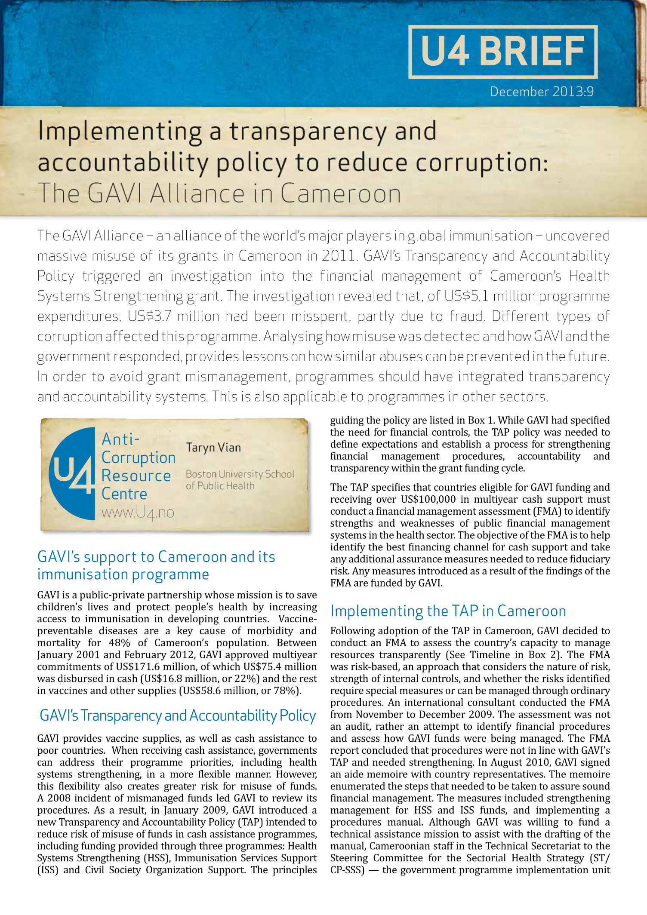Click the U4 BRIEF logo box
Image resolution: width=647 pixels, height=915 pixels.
pos(502,52)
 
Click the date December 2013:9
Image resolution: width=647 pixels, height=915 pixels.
pos(542,92)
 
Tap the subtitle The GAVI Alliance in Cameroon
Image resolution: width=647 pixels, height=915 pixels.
pos(219,193)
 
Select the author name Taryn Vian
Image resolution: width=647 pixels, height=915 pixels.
pos(213,448)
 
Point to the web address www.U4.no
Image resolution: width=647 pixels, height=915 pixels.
pos(138,513)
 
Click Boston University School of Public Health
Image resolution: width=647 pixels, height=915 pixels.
pos(240,480)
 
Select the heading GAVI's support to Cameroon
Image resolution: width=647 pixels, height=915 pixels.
pos(156,565)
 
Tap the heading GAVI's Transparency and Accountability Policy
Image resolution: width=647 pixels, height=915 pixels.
pos(178,715)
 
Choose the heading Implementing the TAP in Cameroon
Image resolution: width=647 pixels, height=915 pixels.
pos(448,611)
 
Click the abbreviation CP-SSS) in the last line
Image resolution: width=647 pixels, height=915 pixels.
pos(347,870)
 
